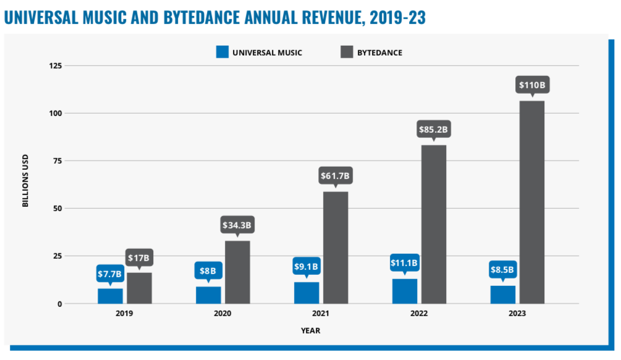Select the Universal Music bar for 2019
click(x=110, y=296)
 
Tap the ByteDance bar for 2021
click(x=336, y=248)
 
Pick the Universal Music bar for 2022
click(x=405, y=291)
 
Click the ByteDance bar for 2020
click(x=237, y=272)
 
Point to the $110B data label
click(x=532, y=85)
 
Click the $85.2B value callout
click(x=434, y=130)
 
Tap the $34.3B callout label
click(x=237, y=225)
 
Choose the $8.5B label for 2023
click(x=502, y=269)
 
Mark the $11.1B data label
click(x=405, y=262)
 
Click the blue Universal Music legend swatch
click(x=222, y=52)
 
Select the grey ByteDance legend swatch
click(x=347, y=52)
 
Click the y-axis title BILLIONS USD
click(x=26, y=184)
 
